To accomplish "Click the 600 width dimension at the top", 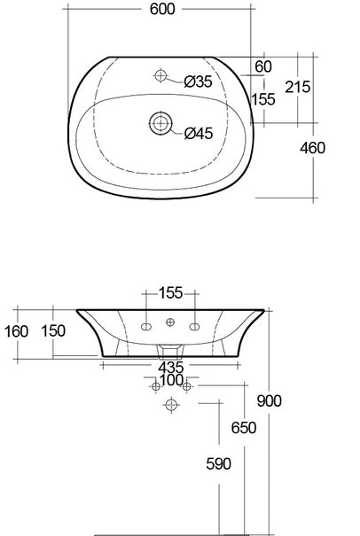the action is click(162, 9).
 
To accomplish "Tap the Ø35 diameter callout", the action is click(198, 82).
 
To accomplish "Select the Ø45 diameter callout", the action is click(199, 133).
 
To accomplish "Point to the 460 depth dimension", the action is click(312, 148).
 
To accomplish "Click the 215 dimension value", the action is click(298, 87).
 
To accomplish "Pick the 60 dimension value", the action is click(263, 66).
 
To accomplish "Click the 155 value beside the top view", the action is click(263, 99).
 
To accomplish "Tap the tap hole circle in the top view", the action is click(160, 75).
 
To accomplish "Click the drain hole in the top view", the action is click(160, 123).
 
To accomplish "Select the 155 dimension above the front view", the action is click(171, 293).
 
